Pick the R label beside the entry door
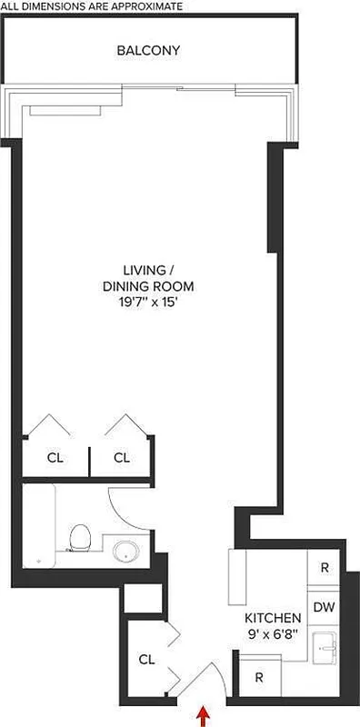(259, 677)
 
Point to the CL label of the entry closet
(146, 660)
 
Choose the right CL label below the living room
(122, 457)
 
